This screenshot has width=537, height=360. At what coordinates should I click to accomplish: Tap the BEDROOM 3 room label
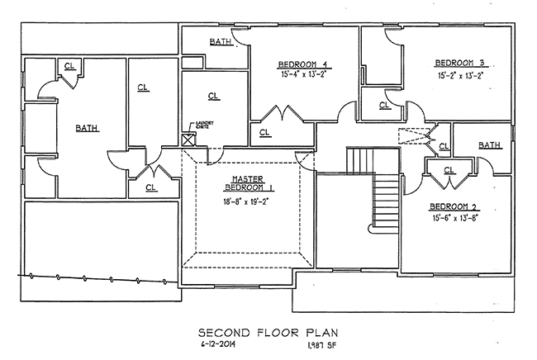coord(459,63)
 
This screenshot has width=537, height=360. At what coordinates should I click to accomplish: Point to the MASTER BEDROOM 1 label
coord(246,183)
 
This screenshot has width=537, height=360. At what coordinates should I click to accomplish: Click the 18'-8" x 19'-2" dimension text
coord(246,201)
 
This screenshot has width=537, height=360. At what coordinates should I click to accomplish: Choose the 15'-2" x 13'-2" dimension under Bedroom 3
coord(459,74)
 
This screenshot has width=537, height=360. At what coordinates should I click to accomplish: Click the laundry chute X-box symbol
coord(188,140)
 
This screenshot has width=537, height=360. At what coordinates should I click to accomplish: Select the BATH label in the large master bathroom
coord(85,128)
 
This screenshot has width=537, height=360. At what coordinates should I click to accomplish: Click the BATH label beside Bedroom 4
coord(220,41)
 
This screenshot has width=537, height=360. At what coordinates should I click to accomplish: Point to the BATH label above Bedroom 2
coord(489,146)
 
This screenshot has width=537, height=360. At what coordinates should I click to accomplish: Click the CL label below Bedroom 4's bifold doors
coord(264,131)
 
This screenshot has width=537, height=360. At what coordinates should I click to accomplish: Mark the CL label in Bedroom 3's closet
coord(384,105)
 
